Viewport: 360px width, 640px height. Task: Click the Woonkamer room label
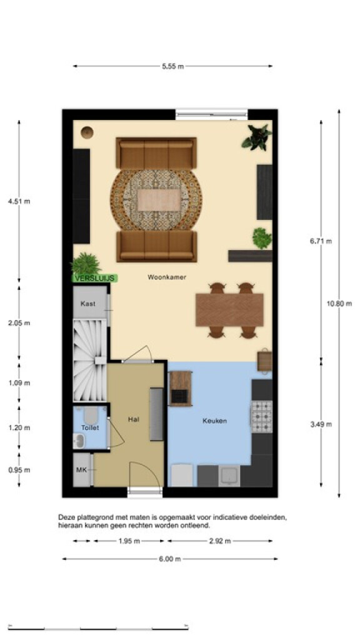click(167, 277)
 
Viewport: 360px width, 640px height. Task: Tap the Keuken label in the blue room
click(215, 421)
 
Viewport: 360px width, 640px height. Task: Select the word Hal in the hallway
click(134, 419)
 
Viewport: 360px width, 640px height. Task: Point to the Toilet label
click(90, 427)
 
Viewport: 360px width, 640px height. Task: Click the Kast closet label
click(88, 304)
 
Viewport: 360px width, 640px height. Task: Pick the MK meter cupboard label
click(82, 470)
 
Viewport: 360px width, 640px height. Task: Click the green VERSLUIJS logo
click(95, 278)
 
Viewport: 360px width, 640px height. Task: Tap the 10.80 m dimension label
click(339, 303)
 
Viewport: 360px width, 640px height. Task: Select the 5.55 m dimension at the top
click(172, 66)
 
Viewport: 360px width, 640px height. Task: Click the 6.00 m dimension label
click(170, 559)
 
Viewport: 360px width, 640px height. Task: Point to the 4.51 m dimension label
click(19, 201)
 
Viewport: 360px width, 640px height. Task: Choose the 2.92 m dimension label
click(220, 541)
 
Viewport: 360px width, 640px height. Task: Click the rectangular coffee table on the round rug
click(158, 200)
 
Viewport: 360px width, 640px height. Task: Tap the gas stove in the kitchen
click(261, 416)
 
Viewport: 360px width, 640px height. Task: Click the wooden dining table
click(229, 310)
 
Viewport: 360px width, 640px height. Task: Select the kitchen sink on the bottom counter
click(229, 476)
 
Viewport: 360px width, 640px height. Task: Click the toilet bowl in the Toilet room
click(90, 415)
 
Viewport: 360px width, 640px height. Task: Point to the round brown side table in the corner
click(87, 132)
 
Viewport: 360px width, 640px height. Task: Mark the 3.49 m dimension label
click(321, 424)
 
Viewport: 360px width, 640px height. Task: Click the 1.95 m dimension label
click(129, 541)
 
